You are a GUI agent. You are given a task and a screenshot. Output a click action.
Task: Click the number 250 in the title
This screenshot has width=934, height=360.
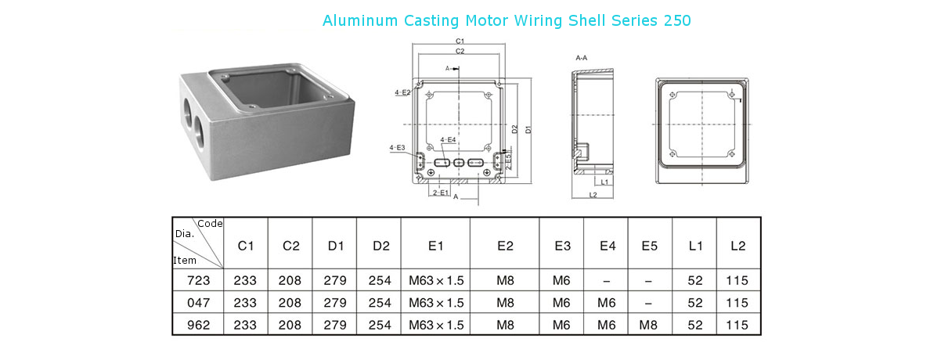[676, 21]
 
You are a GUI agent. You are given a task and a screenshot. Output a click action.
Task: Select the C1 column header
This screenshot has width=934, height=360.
[246, 246]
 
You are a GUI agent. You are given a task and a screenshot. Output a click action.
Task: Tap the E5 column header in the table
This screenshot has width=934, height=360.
[650, 246]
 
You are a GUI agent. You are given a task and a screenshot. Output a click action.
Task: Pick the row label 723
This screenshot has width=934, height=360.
[198, 280]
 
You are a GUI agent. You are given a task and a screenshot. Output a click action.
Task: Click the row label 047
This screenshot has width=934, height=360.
[198, 303]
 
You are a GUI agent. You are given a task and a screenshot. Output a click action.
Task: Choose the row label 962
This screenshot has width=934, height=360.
[198, 325]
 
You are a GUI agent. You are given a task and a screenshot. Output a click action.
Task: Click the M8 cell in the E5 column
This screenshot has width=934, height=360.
[649, 325]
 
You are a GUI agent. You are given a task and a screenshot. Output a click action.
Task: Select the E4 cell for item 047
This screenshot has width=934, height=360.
[606, 303]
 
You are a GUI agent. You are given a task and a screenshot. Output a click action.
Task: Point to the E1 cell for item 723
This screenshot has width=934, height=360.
[436, 280]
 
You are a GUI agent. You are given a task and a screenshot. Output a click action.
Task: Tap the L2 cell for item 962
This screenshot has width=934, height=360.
[737, 325]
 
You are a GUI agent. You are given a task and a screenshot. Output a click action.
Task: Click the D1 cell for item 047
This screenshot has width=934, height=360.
[335, 303]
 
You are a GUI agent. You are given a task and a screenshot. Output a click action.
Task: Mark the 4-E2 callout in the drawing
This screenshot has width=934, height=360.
[402, 93]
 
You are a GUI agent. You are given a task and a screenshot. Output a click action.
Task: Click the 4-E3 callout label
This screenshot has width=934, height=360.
[397, 147]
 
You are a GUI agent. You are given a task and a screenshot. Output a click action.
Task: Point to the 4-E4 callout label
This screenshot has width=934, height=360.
[448, 140]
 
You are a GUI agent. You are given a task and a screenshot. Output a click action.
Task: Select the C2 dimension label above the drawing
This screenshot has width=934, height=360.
[460, 51]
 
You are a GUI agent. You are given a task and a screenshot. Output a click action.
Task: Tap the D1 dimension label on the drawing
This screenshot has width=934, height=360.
[528, 129]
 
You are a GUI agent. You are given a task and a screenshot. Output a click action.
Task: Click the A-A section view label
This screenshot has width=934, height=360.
[582, 59]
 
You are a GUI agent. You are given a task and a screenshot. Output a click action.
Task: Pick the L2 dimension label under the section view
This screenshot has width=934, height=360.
[593, 195]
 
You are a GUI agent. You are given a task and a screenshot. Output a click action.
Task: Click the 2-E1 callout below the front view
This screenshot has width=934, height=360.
[440, 193]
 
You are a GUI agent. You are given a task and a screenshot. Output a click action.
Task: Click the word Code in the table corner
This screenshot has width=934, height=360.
[211, 224]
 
